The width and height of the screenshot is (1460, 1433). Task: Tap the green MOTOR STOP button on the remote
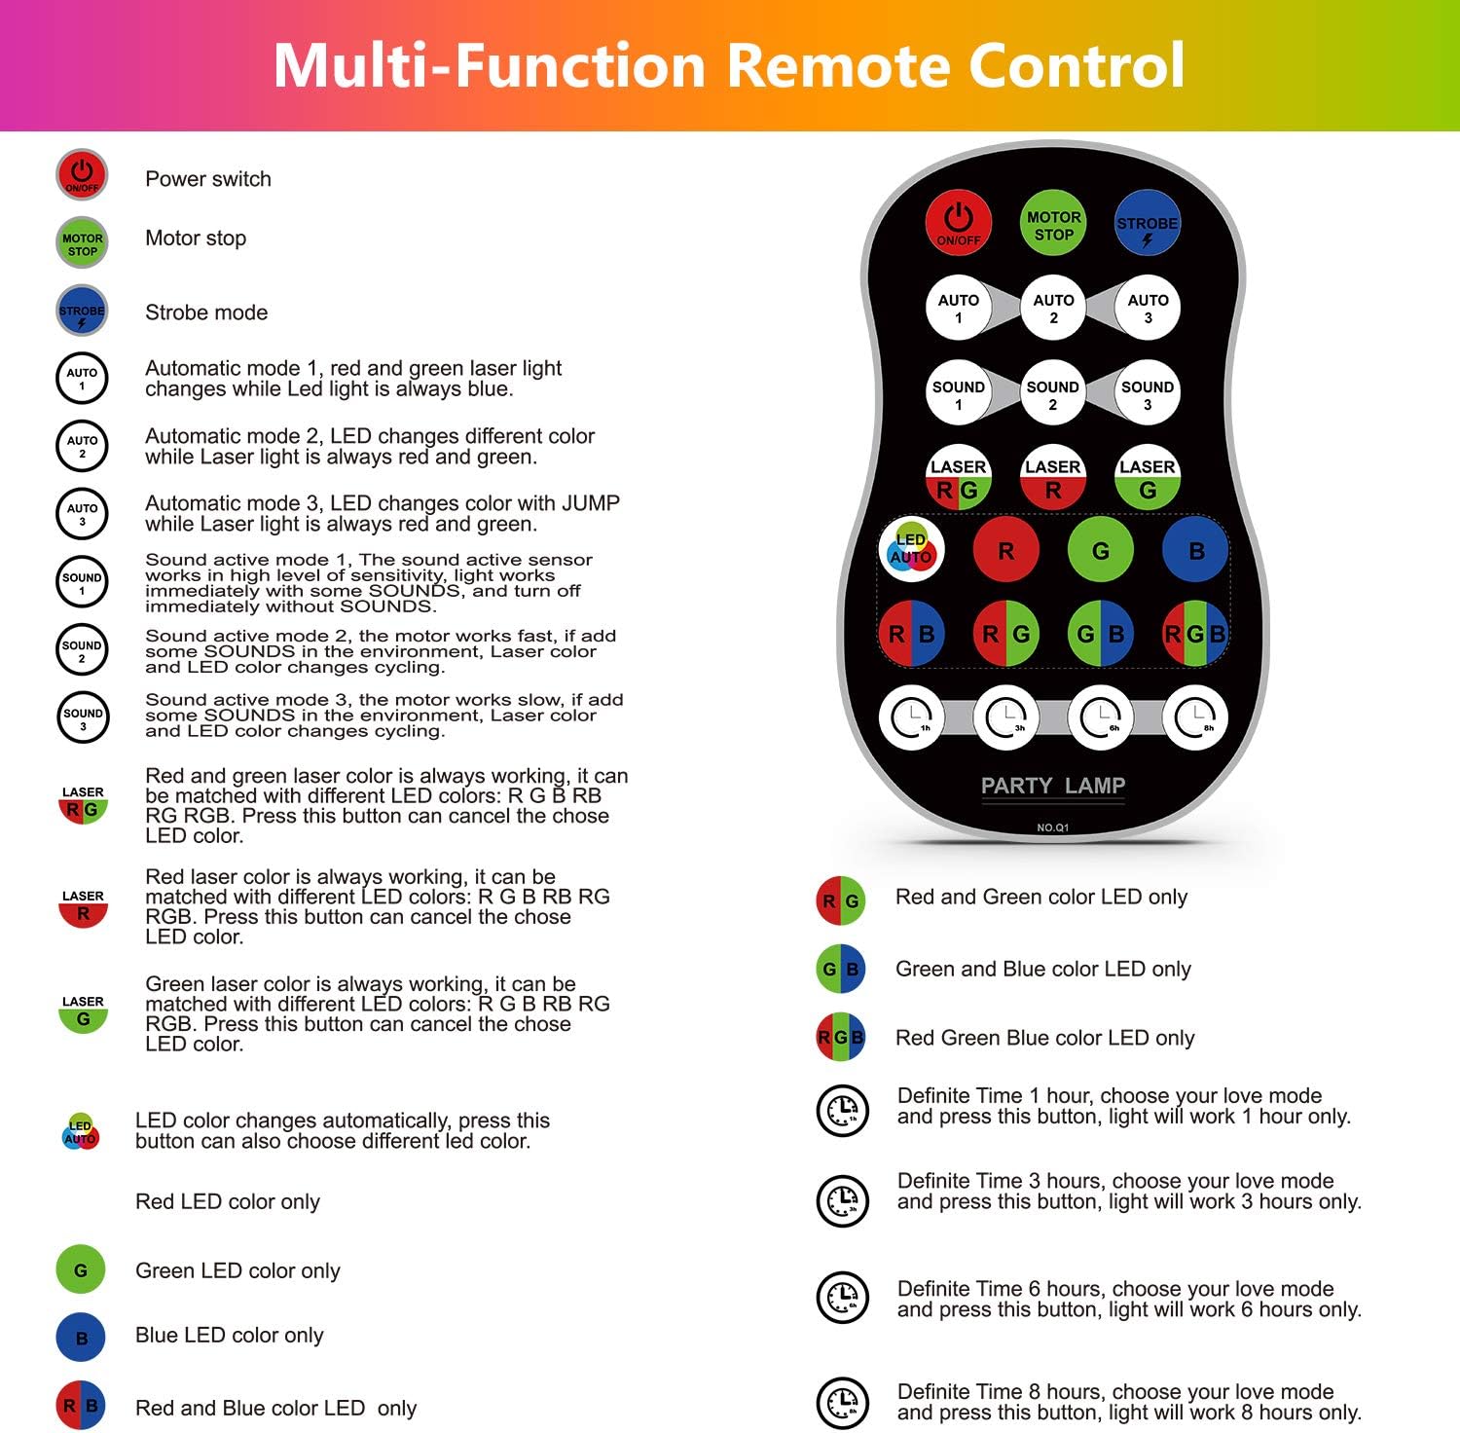(1053, 224)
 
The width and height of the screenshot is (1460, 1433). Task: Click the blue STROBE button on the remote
(1148, 224)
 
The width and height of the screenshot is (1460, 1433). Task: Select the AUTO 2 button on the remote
(1053, 309)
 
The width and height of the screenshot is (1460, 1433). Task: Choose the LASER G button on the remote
(1148, 478)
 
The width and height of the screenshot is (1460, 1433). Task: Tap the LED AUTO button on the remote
(911, 549)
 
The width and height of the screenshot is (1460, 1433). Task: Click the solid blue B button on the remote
(1196, 550)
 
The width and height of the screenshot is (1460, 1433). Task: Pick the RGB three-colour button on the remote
(1195, 634)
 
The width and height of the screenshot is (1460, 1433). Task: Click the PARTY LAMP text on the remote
(1052, 786)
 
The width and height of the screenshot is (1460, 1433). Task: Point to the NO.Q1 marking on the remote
(1052, 827)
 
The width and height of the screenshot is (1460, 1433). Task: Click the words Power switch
(208, 179)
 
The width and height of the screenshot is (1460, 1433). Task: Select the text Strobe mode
(206, 312)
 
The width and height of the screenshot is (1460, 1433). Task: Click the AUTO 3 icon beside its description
(82, 514)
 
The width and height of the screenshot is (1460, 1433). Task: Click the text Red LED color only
(228, 1201)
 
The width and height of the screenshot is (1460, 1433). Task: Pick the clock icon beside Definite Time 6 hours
(842, 1297)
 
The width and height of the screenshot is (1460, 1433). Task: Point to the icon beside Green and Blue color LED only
(840, 969)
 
